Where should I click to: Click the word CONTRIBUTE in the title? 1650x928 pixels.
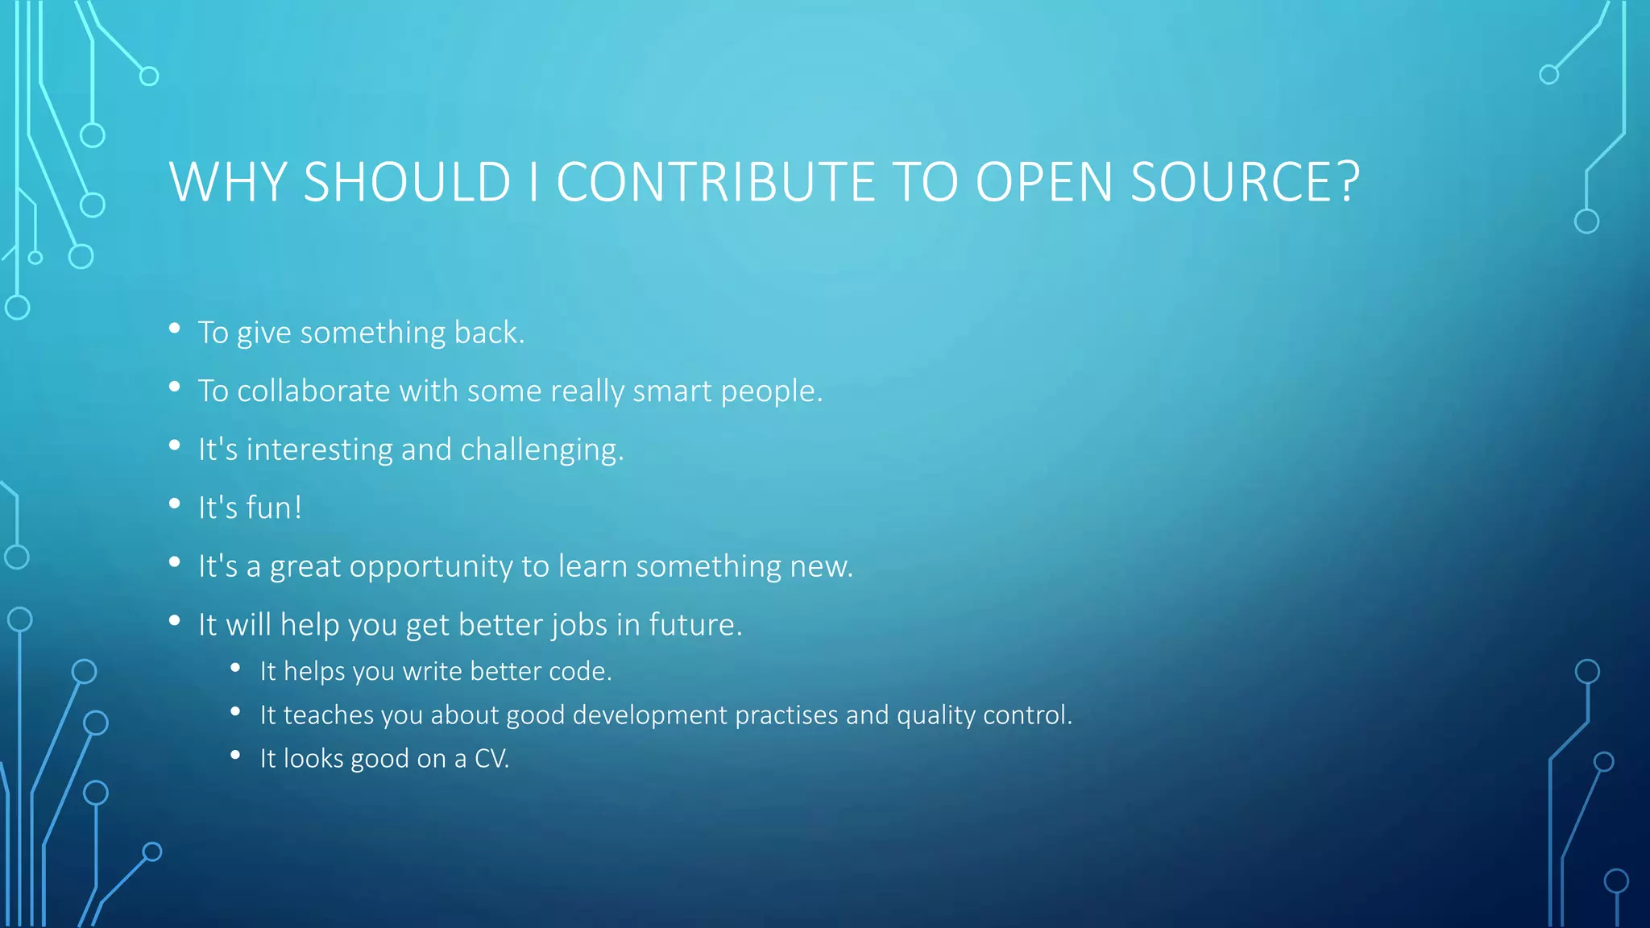(715, 182)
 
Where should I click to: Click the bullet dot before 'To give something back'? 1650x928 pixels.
(174, 329)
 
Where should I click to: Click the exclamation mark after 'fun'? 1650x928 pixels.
(297, 508)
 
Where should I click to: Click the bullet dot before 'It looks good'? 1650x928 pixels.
(235, 756)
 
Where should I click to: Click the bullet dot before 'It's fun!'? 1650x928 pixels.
(174, 504)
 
